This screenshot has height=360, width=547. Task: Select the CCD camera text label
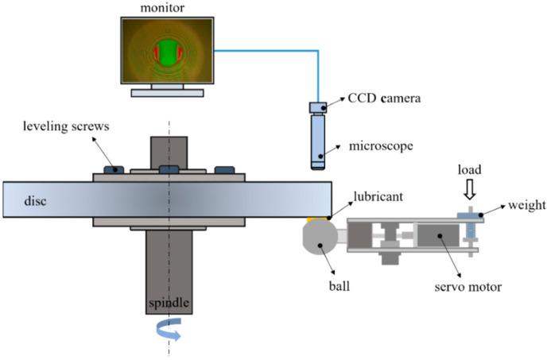point(383,99)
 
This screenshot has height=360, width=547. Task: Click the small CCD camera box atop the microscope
point(319,107)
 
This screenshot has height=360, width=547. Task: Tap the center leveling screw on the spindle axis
point(169,169)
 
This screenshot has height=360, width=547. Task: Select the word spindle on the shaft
point(168,304)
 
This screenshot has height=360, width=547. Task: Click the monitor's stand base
point(167,92)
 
